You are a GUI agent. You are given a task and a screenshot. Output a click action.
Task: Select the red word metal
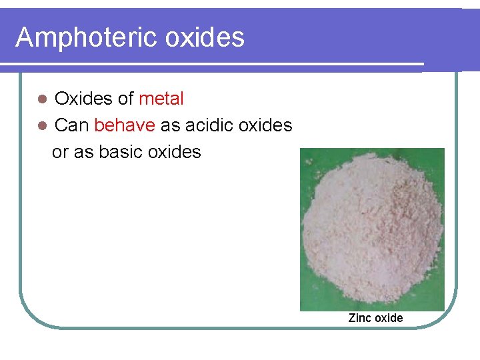161,99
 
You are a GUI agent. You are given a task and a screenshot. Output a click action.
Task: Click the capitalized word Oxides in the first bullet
84,99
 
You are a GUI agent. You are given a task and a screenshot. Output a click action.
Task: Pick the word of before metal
126,99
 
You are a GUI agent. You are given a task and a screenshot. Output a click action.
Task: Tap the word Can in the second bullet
71,125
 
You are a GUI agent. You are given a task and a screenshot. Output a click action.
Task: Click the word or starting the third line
59,153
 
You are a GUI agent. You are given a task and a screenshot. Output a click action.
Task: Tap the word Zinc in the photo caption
360,318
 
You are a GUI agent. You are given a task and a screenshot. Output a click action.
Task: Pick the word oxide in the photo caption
389,318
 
